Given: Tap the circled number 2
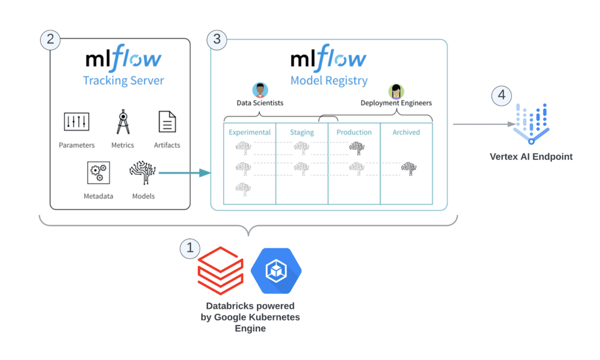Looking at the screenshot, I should (50, 39).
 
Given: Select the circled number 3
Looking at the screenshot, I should (217, 39).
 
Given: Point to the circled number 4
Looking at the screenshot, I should (501, 95).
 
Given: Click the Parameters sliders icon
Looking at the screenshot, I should (76, 122).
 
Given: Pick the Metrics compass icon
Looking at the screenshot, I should (122, 122).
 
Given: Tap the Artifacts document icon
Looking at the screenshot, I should (167, 122).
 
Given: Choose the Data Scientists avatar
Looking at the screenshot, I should (260, 90).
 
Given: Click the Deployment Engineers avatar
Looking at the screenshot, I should (396, 91).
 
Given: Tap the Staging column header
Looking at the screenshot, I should (302, 132).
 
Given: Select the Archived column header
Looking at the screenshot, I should (406, 132).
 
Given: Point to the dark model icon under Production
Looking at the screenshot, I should (356, 147).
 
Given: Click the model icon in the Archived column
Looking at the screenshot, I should (409, 169).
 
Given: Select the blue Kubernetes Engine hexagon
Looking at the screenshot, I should (275, 270).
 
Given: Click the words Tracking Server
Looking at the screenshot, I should (123, 80).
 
